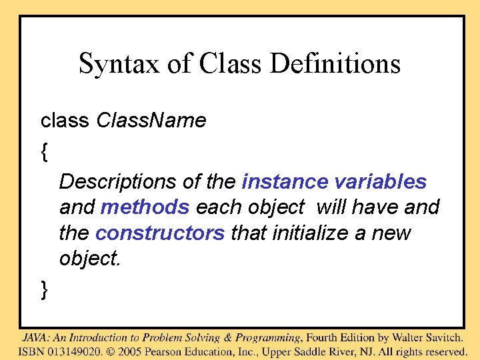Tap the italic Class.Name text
click(x=151, y=121)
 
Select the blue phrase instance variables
click(x=334, y=181)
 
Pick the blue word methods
click(x=145, y=207)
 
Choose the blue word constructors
click(x=160, y=233)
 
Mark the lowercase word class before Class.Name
click(x=65, y=121)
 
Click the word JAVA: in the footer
click(x=36, y=337)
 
